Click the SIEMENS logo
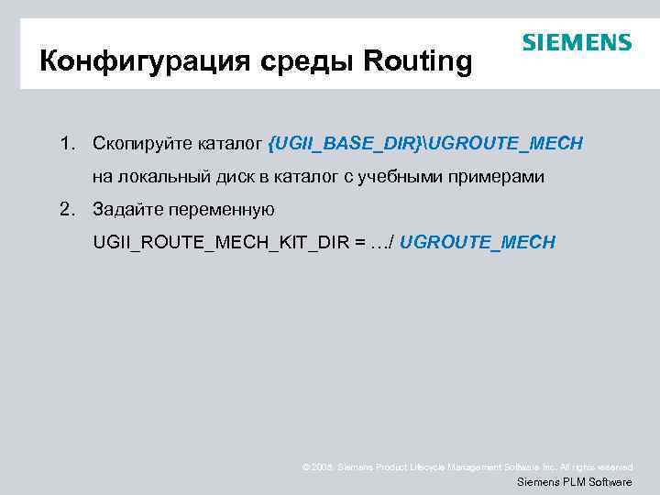point(577,43)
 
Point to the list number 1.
point(66,144)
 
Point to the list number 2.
point(66,209)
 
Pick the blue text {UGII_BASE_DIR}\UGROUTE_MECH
point(426,144)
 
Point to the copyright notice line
point(467,467)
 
